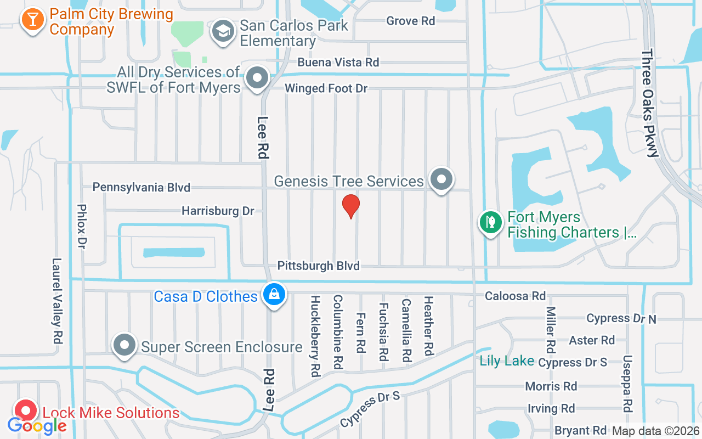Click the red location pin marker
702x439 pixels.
tap(351, 206)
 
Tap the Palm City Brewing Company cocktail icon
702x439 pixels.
tap(33, 19)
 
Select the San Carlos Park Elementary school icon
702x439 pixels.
tap(223, 31)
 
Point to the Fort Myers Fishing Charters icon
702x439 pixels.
tap(491, 223)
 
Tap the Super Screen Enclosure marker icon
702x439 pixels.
tap(124, 345)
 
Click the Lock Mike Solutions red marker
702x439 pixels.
tap(26, 410)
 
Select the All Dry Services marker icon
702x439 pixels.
tap(256, 77)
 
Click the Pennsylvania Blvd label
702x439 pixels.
tap(141, 188)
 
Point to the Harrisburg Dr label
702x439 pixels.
tap(218, 211)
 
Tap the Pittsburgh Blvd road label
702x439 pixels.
tap(318, 266)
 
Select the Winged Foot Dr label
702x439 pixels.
tap(326, 88)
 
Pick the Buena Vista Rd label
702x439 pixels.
tap(338, 63)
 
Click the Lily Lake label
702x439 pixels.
tap(507, 361)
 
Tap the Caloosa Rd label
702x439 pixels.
tap(515, 296)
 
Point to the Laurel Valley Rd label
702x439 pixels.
tap(56, 301)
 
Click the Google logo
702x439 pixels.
tap(37, 426)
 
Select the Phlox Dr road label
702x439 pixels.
tap(83, 224)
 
